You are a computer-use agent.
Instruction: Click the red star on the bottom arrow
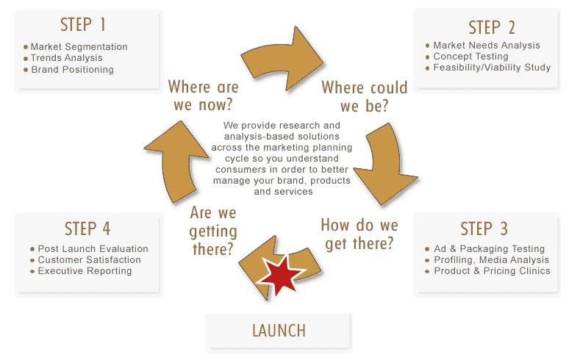tap(282, 275)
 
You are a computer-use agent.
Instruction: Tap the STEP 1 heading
tap(83, 25)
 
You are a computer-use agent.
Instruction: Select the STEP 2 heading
tap(491, 28)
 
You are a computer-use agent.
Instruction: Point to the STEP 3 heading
tap(484, 228)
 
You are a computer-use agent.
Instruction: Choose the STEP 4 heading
tap(87, 228)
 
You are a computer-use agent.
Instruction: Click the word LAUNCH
tap(279, 331)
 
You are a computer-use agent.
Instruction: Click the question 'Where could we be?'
tap(365, 97)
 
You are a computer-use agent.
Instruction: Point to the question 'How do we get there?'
tap(359, 234)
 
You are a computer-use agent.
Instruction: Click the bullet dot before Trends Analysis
tap(26, 58)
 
